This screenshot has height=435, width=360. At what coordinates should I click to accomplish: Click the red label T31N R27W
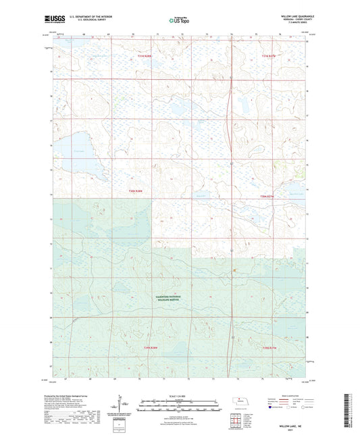click(269, 56)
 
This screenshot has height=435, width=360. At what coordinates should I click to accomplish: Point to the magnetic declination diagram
click(120, 407)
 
